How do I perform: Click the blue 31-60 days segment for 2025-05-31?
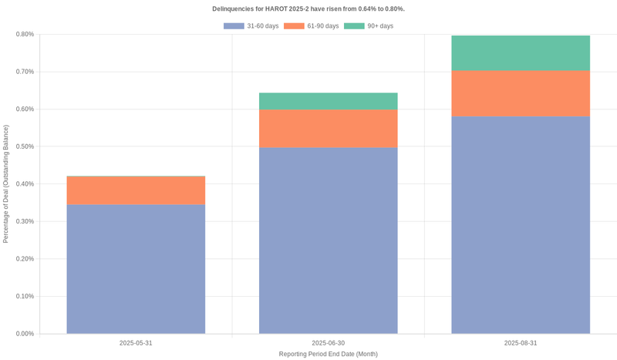[136, 269]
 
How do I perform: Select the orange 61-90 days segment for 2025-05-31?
[136, 190]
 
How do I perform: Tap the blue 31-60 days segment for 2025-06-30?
[328, 241]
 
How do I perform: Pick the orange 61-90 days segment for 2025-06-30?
[328, 128]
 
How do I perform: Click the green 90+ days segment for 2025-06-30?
[328, 101]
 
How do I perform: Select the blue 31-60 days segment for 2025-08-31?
[521, 225]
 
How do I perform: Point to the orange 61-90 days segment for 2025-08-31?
[521, 93]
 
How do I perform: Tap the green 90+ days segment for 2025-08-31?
[521, 53]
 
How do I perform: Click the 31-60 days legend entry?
[251, 26]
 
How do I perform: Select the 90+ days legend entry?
[369, 26]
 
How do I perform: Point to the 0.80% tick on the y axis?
[25, 34]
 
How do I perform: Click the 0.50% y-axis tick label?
[25, 146]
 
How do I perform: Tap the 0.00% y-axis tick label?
[25, 334]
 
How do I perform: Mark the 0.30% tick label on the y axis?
[25, 221]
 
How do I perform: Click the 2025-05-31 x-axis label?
[136, 342]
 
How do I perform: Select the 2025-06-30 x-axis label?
[328, 342]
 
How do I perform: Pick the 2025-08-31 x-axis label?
[521, 342]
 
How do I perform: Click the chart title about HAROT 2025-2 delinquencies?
[308, 9]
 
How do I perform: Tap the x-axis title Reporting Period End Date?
[328, 354]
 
